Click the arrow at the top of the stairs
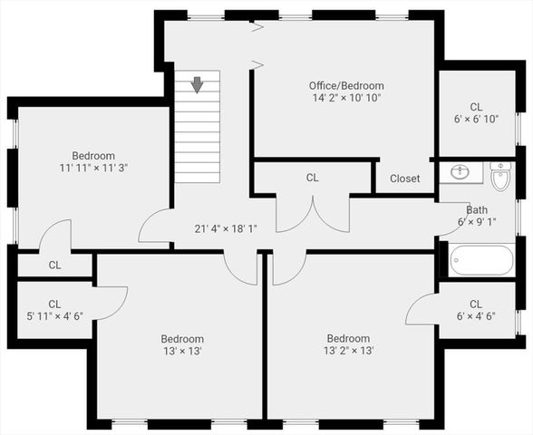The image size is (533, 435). pos(197,85)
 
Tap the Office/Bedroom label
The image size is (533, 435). pos(345,86)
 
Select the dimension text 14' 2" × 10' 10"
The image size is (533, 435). pos(345,98)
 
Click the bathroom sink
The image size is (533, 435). pos(460,171)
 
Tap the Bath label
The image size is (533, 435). pos(478,208)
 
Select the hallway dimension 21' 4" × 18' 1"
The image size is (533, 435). pos(226,229)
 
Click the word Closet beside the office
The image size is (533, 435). pos(404,179)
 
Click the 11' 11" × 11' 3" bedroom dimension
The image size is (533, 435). pos(94,168)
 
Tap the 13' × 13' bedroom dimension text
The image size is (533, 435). pos(182,351)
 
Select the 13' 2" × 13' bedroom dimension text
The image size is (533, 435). pos(349,351)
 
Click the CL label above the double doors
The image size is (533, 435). pos(313,178)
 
